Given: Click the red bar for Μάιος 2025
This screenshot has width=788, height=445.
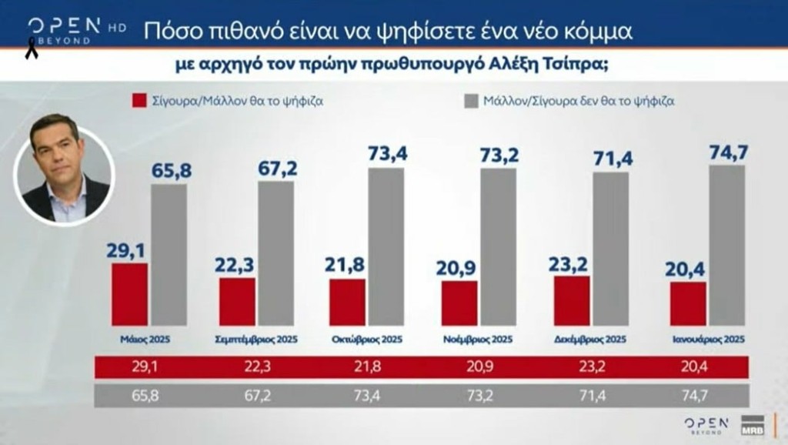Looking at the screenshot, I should (129, 294).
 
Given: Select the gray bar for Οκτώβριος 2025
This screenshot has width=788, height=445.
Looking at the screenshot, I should (386, 246).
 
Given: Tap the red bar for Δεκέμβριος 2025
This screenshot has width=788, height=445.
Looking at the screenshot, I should (572, 300).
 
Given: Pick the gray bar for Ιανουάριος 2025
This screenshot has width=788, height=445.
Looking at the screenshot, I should (726, 245).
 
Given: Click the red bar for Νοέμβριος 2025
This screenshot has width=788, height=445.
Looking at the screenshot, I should (459, 303).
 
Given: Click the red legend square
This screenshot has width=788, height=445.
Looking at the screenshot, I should (139, 100).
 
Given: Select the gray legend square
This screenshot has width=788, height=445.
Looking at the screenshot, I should (471, 100).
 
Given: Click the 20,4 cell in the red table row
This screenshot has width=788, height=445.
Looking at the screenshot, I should (700, 369).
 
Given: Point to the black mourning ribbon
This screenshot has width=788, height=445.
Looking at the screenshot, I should (32, 52).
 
